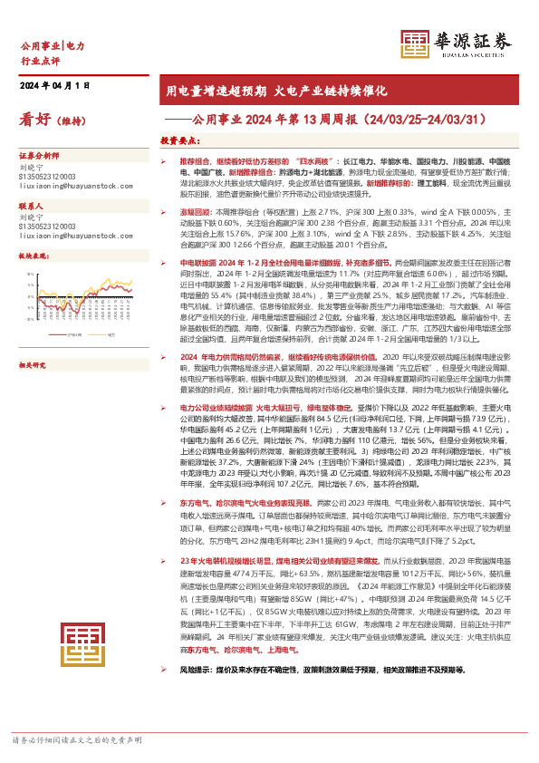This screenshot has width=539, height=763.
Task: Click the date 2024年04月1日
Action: pos(55,85)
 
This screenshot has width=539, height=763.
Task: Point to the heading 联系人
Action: pos(32,207)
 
